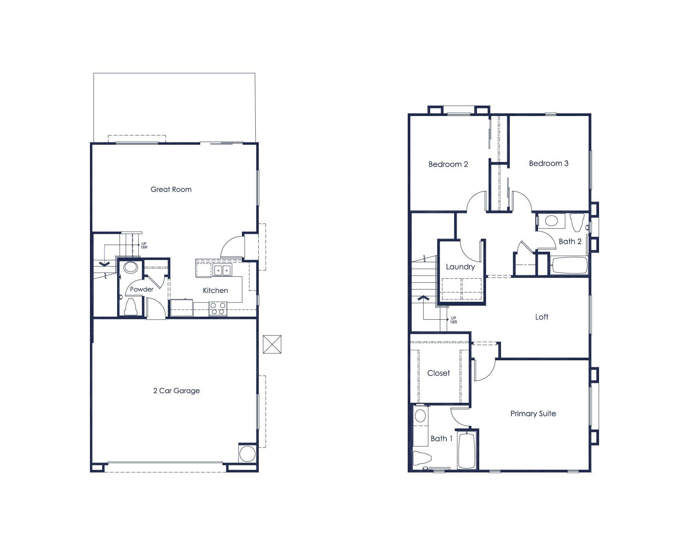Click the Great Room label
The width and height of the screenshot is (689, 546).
(171, 189)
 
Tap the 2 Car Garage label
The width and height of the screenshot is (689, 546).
(176, 391)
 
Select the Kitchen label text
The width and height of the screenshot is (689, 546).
(215, 290)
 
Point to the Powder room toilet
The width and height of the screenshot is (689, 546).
(131, 306)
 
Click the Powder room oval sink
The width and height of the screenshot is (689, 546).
(131, 267)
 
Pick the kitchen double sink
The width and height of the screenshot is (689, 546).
(222, 270)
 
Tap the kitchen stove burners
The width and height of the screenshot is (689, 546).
(218, 309)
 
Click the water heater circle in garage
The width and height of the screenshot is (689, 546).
(247, 454)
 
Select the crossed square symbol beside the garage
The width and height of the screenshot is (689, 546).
(272, 344)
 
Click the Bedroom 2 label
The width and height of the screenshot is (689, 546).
(448, 164)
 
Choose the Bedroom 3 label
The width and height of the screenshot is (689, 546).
(549, 163)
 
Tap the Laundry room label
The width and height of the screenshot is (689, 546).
(460, 267)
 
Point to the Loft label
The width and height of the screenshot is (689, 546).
(542, 317)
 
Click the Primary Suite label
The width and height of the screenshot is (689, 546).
(533, 414)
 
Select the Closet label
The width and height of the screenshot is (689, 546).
(439, 373)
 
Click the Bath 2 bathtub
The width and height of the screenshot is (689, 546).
(569, 265)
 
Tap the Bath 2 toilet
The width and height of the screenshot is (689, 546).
(576, 222)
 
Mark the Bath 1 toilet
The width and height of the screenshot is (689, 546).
(422, 458)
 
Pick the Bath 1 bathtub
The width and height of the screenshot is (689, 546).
(467, 450)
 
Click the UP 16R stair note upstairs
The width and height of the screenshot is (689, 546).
(454, 320)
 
